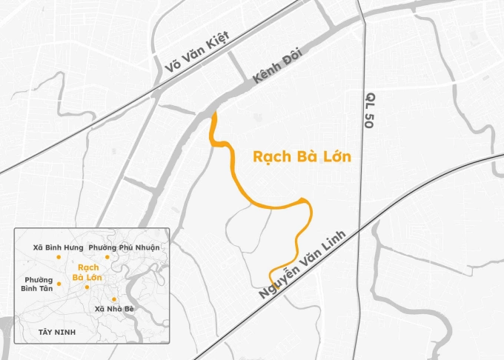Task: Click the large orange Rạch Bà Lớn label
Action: pos(301,158)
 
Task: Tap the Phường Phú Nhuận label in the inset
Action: pos(124,247)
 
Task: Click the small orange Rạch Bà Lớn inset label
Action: pos(87,271)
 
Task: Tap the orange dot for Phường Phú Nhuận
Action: pos(107,256)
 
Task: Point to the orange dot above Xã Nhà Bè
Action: pos(113,299)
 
